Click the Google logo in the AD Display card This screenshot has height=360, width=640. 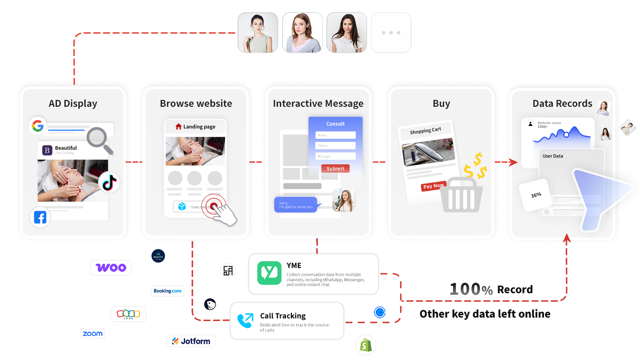pos(38,126)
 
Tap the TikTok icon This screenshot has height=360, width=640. pos(109,182)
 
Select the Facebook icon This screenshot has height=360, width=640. pos(40,217)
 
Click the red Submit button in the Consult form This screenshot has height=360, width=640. pos(335,169)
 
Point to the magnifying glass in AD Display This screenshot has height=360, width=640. pos(99,140)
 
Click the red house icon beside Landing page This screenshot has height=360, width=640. pos(178,126)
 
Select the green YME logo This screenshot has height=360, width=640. pos(269,273)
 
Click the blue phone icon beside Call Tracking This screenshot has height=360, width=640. pos(245,320)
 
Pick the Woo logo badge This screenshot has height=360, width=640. pos(111,268)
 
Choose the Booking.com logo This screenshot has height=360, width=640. pos(168,291)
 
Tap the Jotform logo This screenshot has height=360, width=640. pos(191,341)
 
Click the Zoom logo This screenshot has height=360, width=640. pos(92,334)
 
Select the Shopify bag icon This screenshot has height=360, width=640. pos(366,345)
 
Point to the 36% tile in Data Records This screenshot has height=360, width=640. pos(536,195)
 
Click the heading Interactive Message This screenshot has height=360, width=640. pos(318,104)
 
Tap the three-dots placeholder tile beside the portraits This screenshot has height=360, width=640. pos(391,33)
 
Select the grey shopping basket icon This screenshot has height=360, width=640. pos(462,196)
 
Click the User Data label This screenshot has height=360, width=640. pos(552,156)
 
